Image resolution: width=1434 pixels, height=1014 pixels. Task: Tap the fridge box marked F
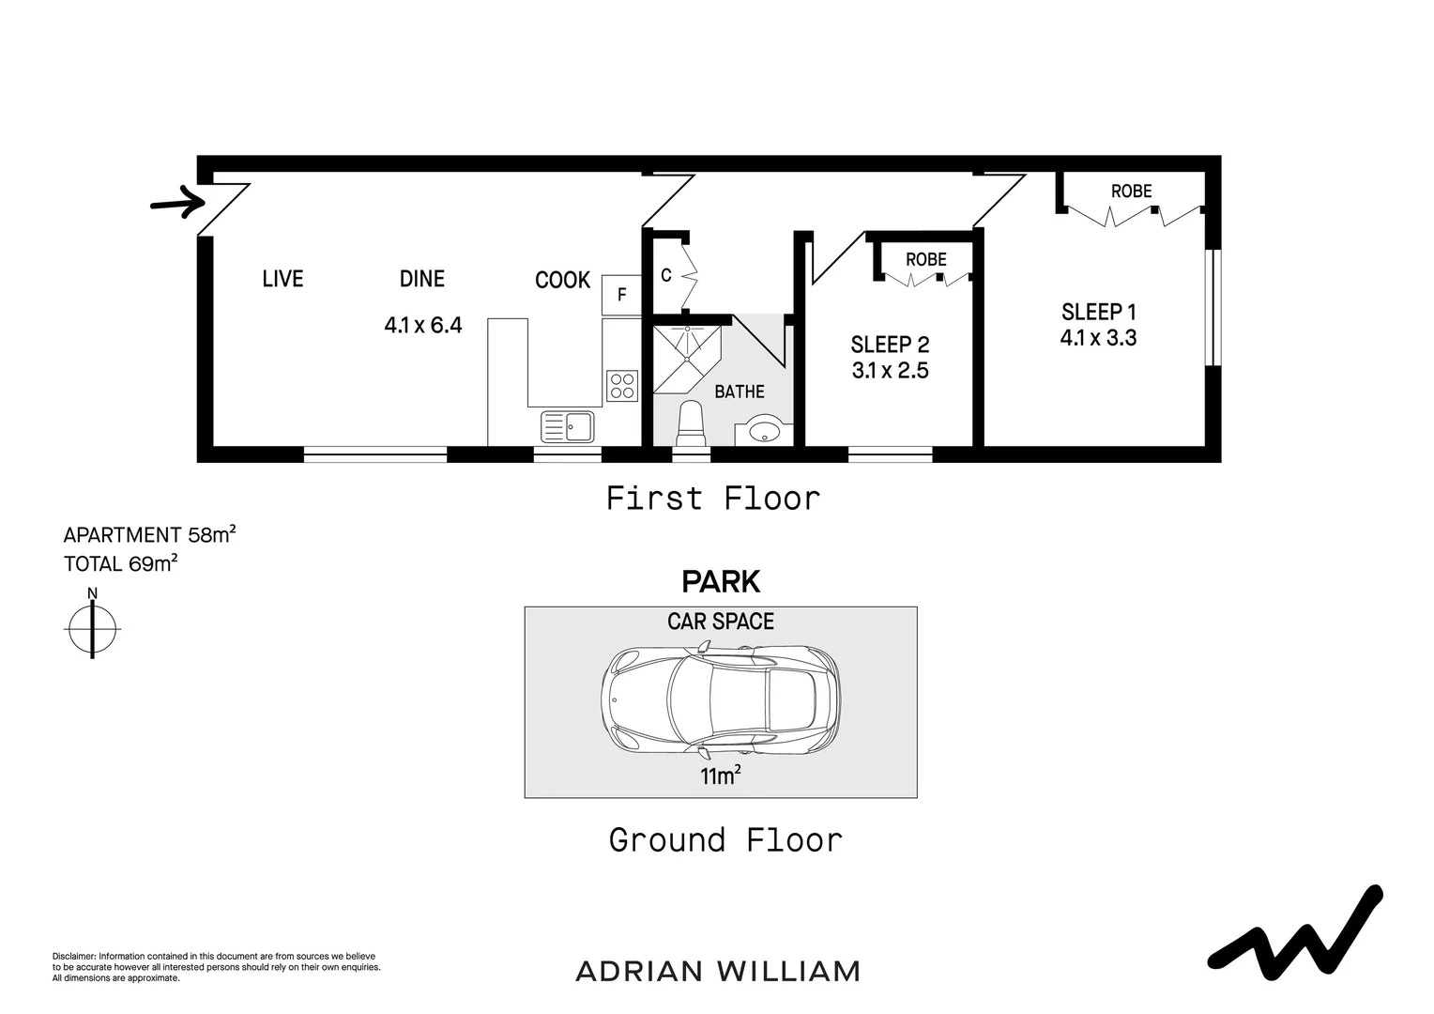tap(620, 295)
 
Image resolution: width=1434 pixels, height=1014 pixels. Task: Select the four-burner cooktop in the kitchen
tap(621, 385)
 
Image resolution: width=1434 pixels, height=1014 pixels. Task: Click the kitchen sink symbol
tap(568, 426)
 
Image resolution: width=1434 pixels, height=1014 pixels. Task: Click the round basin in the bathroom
tap(766, 432)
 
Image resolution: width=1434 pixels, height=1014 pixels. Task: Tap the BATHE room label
tap(740, 392)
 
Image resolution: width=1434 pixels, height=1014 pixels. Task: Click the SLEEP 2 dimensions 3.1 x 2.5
tap(890, 371)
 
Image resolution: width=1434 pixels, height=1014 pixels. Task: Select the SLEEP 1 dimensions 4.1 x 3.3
tap(1098, 338)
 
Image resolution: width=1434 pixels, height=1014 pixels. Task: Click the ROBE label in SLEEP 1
tap(1131, 192)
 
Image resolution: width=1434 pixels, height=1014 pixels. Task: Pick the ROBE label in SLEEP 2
tap(925, 260)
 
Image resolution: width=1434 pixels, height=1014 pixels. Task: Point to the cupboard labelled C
tap(666, 276)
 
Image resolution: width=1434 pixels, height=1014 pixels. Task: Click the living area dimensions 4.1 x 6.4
tap(422, 326)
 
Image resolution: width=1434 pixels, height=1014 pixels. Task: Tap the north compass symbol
tap(92, 626)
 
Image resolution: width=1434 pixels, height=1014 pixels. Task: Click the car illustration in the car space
tap(720, 700)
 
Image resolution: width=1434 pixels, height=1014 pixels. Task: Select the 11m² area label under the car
tap(720, 776)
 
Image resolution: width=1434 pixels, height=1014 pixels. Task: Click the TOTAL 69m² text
tap(120, 564)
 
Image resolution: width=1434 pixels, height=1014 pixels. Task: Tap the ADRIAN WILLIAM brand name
tap(717, 971)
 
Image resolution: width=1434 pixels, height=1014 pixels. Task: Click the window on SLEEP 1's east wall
tap(1213, 307)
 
